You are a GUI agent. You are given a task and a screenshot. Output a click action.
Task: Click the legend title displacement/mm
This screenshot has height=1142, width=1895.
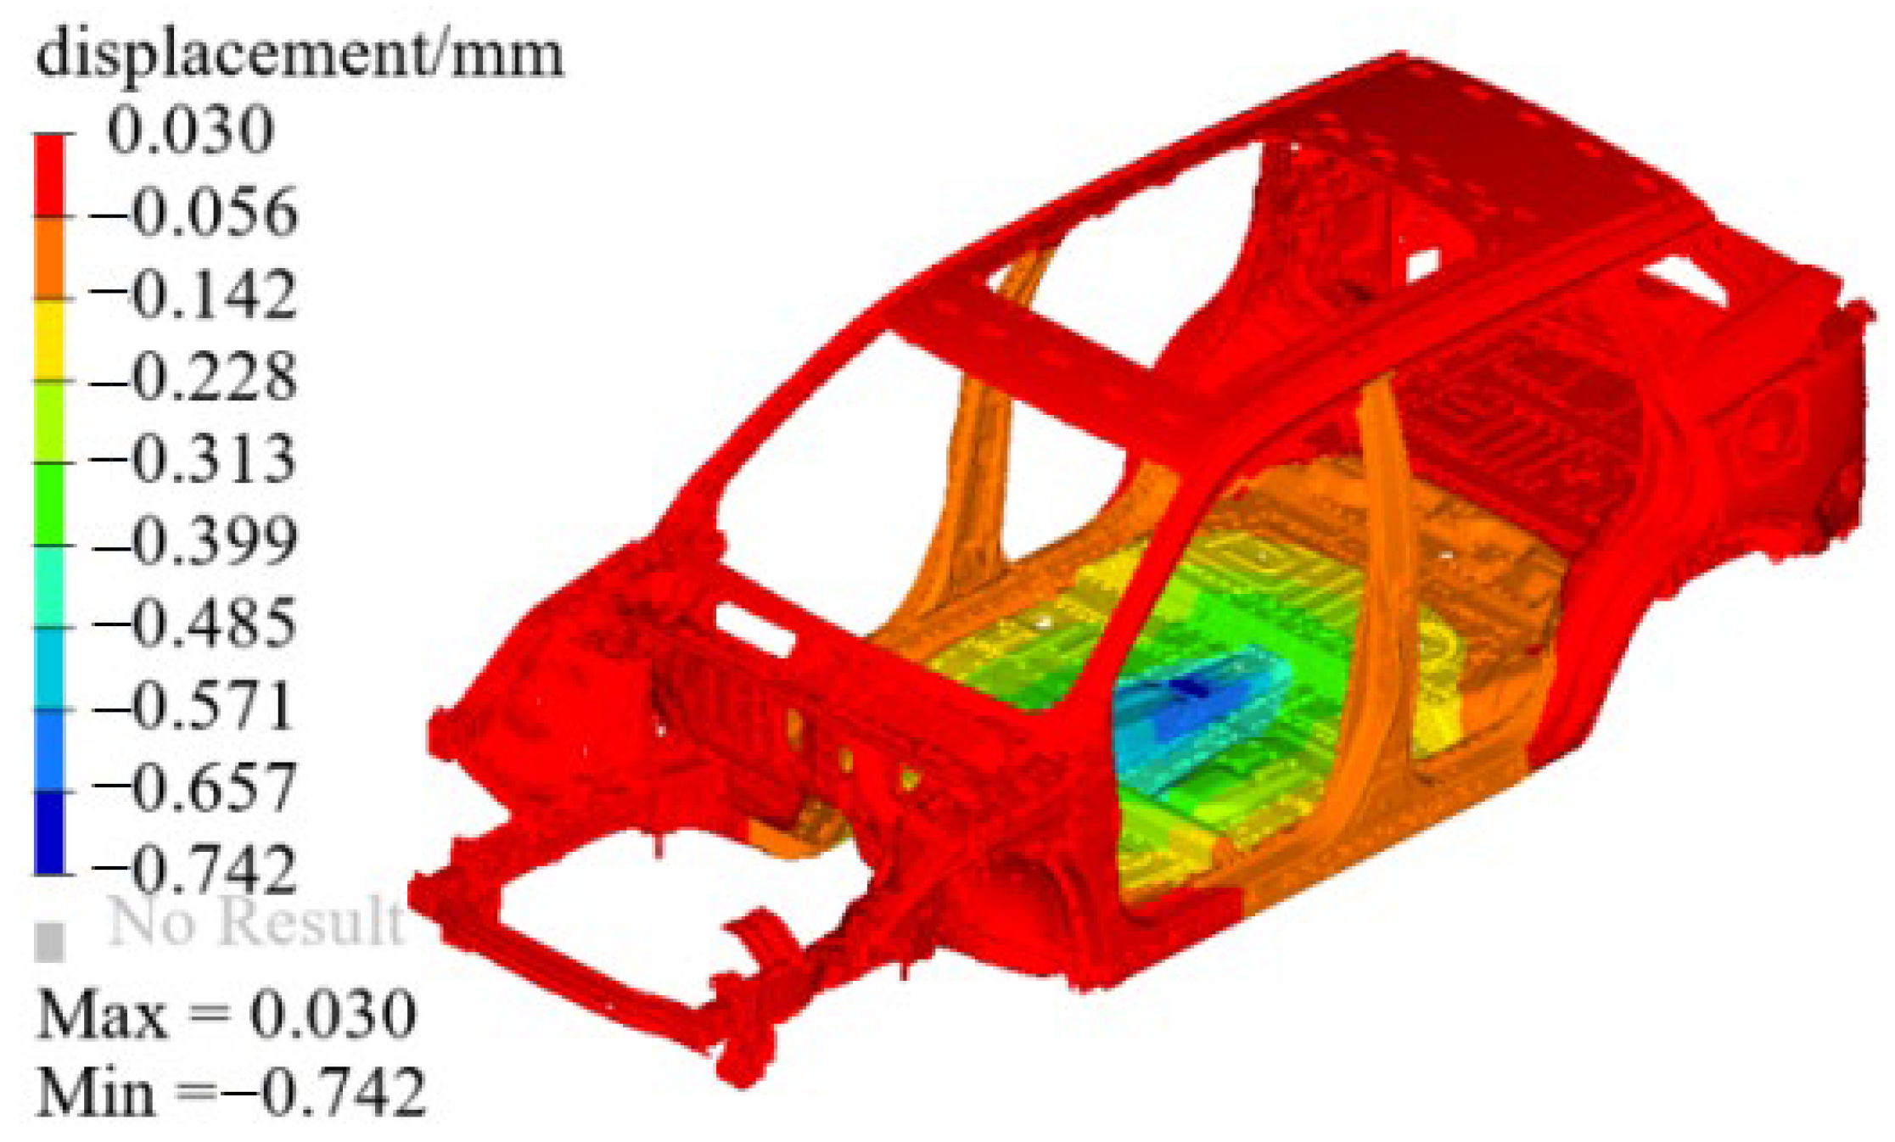300,55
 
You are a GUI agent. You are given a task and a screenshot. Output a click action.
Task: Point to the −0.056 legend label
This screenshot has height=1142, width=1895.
194,211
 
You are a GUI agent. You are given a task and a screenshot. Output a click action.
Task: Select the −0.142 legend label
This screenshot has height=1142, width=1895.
194,294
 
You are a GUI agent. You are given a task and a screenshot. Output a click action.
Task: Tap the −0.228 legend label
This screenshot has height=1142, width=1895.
194,376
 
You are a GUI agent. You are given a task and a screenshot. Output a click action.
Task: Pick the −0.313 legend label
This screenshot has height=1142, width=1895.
194,458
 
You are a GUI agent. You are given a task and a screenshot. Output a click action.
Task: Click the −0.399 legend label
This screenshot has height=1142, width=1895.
194,540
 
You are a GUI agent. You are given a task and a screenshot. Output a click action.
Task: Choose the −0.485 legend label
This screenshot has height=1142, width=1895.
194,623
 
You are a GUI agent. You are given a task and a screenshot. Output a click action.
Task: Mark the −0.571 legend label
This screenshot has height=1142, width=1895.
194,705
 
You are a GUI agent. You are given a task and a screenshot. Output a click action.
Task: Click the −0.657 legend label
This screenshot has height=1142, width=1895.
194,787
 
